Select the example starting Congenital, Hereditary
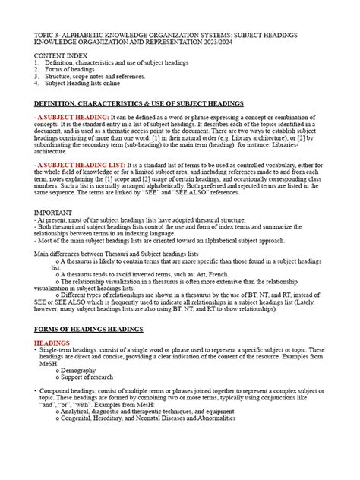click(148, 418)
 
